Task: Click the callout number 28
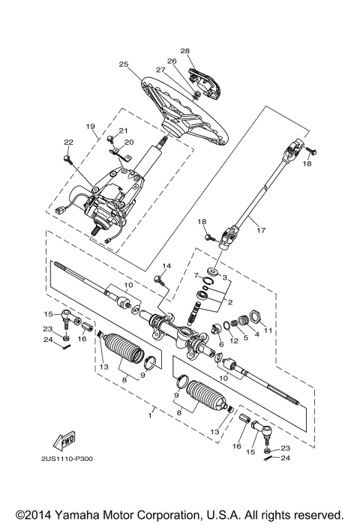(x=185, y=51)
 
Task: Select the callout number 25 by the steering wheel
(x=124, y=65)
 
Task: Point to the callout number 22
(x=67, y=142)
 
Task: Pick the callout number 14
(x=166, y=266)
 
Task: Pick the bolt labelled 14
(x=159, y=281)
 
